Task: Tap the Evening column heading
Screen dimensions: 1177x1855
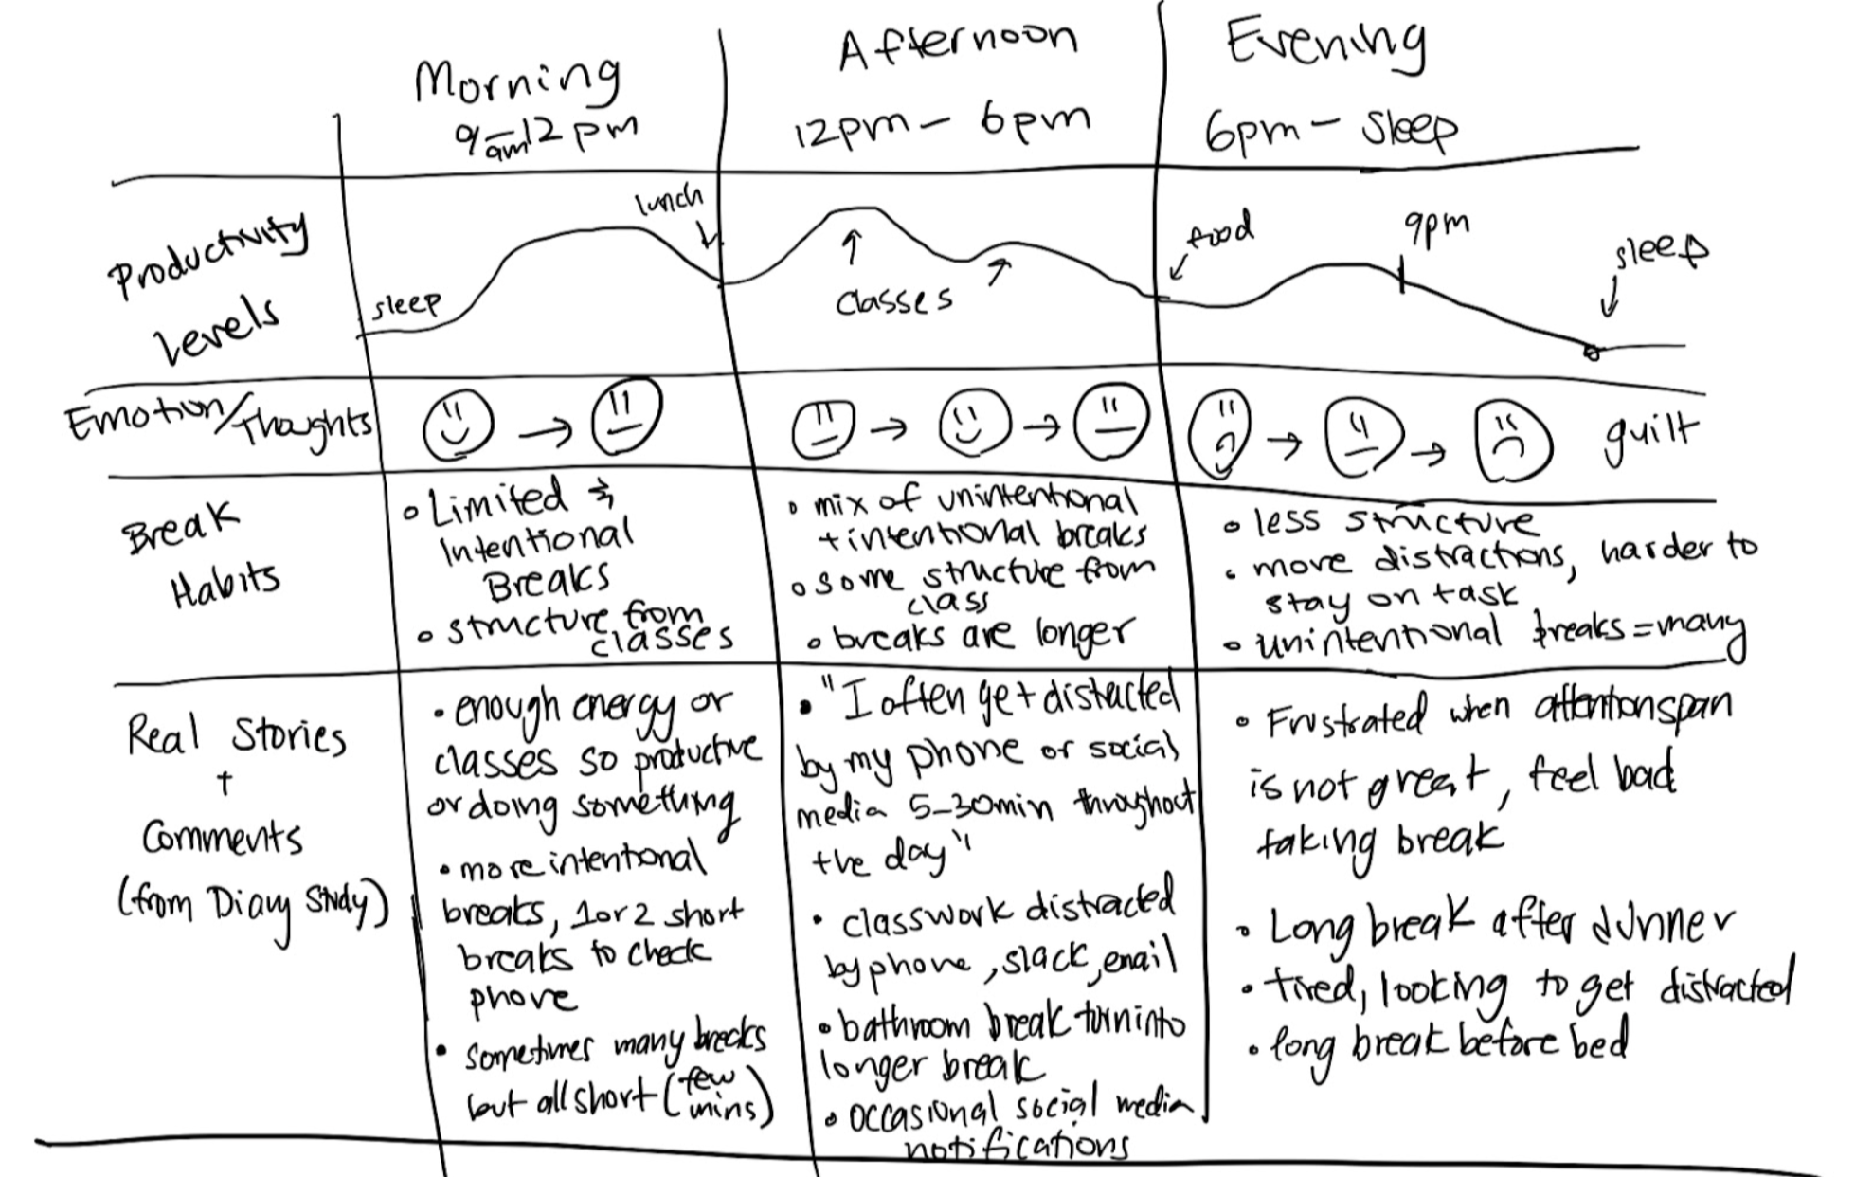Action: (x=1324, y=43)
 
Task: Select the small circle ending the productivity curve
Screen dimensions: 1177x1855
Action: (x=1592, y=353)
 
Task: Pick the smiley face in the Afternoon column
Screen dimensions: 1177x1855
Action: (x=974, y=425)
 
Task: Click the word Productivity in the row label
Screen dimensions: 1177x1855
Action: (x=208, y=254)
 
